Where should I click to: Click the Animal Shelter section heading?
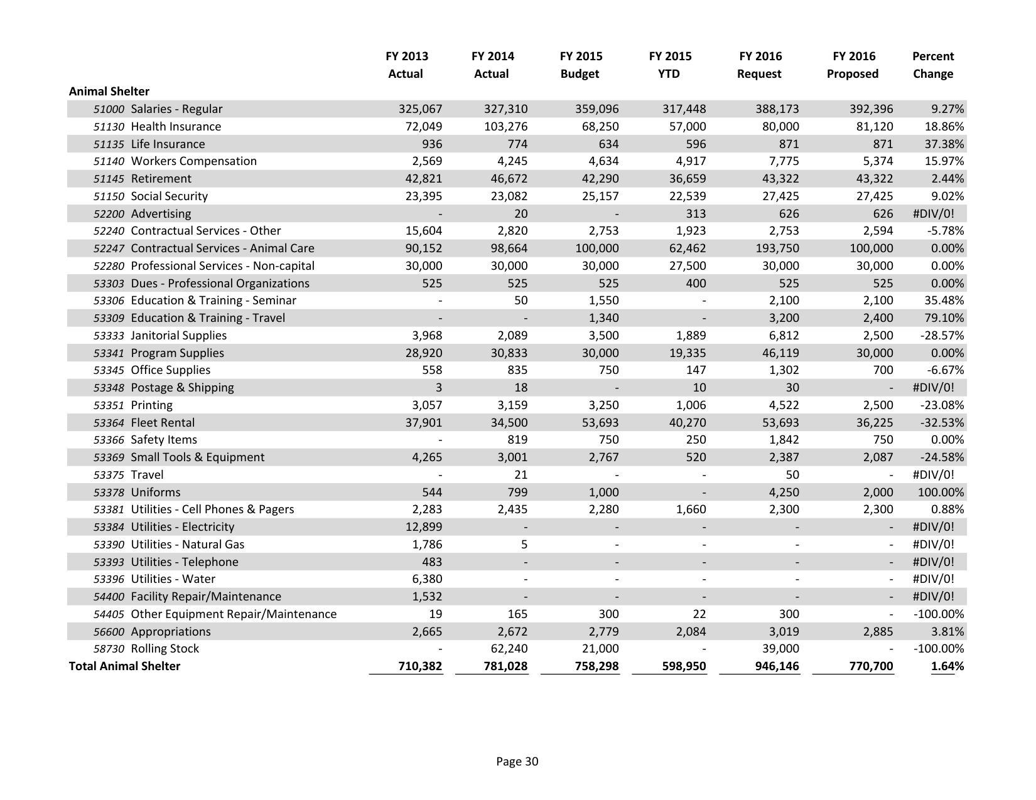point(109,91)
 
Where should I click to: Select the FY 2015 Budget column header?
point(580,65)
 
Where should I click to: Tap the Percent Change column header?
point(932,65)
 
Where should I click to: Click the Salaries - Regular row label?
point(176,109)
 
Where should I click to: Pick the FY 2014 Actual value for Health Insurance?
point(506,126)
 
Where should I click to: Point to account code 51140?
point(109,161)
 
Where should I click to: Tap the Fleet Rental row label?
point(163,423)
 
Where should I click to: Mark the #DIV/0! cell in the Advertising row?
point(933,214)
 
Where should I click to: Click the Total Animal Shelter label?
point(124,666)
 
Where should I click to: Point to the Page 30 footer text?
point(517,762)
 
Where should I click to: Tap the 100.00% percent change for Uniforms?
point(941,493)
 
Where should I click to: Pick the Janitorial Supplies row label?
point(178,336)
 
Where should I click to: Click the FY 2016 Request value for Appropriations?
point(783,632)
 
